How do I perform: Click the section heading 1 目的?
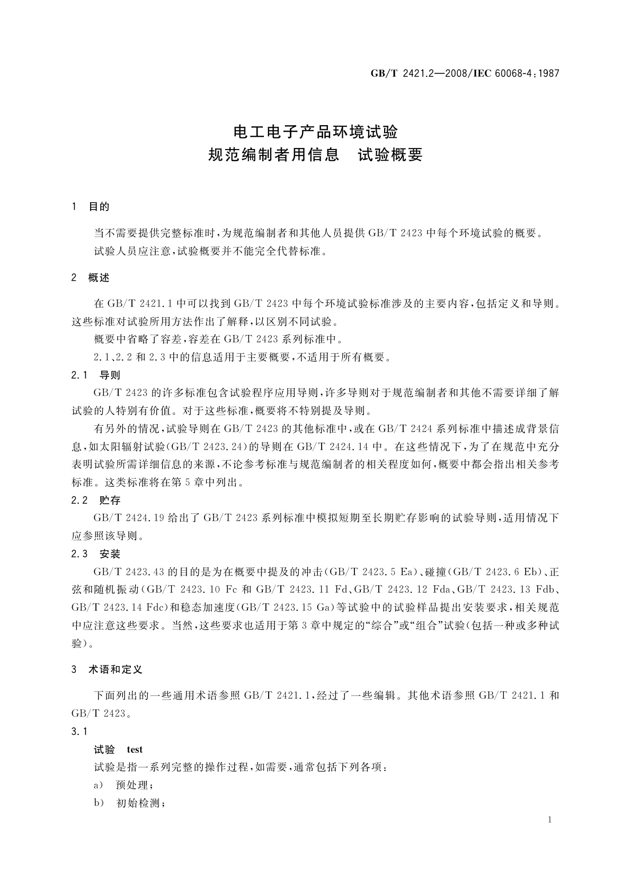tap(91, 207)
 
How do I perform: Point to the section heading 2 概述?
tap(91, 277)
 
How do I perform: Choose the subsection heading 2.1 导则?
tap(96, 375)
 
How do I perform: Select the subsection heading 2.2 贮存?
tap(96, 500)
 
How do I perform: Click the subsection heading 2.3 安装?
tap(96, 554)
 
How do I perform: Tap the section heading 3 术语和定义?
tap(107, 670)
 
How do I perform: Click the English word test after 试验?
tap(135, 749)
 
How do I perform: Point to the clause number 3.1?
tap(79, 732)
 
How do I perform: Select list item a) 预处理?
tap(124, 785)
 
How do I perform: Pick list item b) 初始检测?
tap(130, 803)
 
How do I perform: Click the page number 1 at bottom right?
tap(549, 820)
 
